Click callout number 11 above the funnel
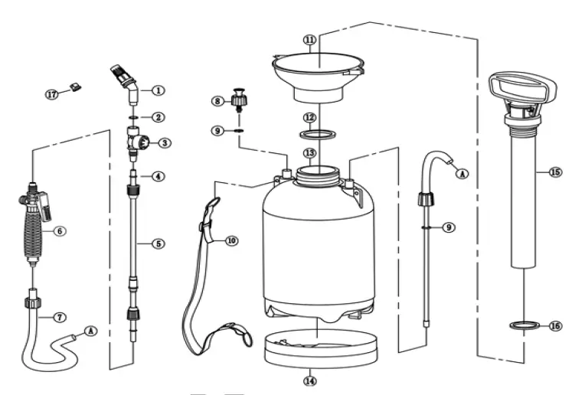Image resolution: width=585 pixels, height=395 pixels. click(309, 39)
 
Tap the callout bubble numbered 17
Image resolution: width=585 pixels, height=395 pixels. click(51, 95)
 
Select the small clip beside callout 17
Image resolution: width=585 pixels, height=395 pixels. click(75, 88)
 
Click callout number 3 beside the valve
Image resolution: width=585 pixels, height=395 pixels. click(164, 142)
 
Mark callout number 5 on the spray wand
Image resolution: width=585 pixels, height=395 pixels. click(157, 243)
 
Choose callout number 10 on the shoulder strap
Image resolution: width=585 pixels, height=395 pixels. click(231, 240)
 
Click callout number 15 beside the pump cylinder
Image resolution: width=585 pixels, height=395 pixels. click(555, 172)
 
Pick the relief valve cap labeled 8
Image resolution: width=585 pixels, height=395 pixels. click(240, 100)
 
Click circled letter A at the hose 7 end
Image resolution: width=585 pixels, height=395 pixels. click(91, 331)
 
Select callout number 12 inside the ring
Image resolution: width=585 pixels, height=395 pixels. click(309, 118)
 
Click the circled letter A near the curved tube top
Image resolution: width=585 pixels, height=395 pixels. click(462, 174)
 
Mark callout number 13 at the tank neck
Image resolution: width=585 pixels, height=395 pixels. click(309, 152)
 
